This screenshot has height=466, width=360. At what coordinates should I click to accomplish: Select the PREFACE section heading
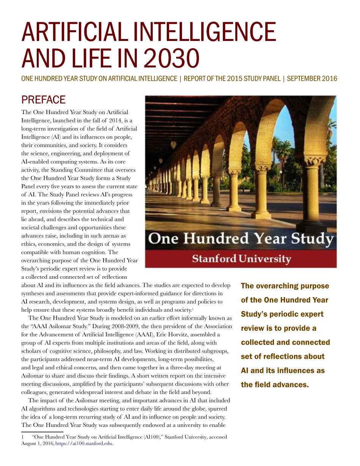(44, 100)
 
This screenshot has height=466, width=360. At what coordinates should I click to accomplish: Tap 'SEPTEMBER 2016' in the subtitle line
(312, 79)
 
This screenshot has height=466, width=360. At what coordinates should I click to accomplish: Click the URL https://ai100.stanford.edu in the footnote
(84, 443)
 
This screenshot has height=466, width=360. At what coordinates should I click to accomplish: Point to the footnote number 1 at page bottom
(22, 437)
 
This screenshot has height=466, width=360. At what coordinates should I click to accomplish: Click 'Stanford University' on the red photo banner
(241, 259)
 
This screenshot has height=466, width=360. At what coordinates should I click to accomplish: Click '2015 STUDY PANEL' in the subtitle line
(257, 79)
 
